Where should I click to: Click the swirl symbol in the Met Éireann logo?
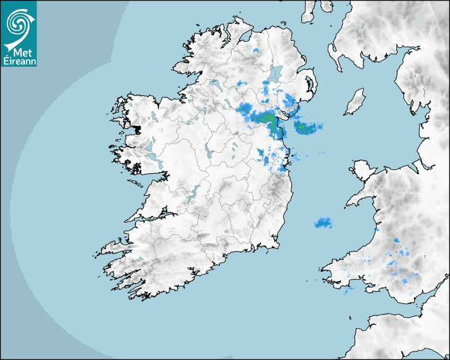click(x=19, y=23)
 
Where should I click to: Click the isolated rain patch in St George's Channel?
click(x=323, y=223)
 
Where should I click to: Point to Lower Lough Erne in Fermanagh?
click(x=215, y=84)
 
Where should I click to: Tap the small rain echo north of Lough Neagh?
click(x=256, y=51)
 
